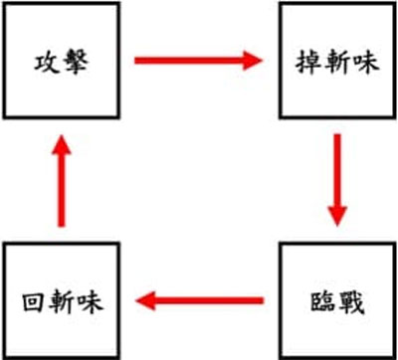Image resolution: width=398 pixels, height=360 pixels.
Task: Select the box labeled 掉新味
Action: (337, 61)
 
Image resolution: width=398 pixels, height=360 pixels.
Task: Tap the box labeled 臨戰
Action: (337, 298)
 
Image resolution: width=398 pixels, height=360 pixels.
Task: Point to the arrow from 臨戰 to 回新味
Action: (199, 298)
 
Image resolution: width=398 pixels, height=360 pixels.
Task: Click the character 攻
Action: (46, 62)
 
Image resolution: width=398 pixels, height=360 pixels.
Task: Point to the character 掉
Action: (309, 62)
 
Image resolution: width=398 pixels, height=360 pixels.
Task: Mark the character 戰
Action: (351, 299)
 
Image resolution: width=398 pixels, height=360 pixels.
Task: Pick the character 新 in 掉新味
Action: (337, 62)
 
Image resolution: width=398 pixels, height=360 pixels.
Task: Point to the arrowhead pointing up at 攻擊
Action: (61, 144)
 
